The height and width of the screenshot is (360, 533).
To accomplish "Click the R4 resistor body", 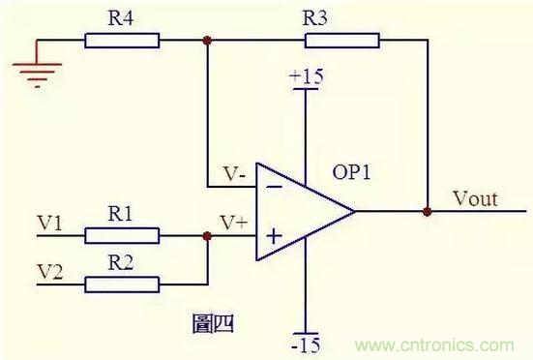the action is coord(122,41).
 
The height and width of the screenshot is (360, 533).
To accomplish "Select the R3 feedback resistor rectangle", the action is coord(342,41).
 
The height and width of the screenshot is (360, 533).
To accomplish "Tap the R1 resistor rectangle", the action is coord(122,235).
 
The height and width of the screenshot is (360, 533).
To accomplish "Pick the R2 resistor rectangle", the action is coord(122,285).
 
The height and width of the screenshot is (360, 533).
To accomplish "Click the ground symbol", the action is coord(37,75).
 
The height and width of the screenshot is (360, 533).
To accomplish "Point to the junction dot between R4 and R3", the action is coord(207,41).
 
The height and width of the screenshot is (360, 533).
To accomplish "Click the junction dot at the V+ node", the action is coord(207,236).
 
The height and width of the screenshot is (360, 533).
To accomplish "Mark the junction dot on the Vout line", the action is coord(428,211).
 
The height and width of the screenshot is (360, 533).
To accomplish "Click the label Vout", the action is coord(475,198).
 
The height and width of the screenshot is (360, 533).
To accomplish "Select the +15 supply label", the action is coord(307,76).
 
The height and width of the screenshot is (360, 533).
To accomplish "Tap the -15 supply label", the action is coord(306,345).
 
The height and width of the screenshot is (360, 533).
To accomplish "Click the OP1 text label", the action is coord(351,172).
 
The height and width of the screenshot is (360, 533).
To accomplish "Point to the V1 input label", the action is coord(49,223).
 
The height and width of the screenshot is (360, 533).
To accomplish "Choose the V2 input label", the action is coord(50,272).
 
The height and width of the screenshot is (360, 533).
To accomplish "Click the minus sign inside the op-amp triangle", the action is coord(274,187).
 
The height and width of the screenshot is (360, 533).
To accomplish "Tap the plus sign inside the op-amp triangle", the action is coord(275,236).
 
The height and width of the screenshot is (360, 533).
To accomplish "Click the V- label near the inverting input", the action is coord(234,173).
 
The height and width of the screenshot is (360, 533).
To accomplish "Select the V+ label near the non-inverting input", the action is coord(234,223).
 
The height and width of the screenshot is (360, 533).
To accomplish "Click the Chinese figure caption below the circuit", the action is coord(213,323).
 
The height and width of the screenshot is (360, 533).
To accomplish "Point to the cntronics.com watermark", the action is coord(434,345).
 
